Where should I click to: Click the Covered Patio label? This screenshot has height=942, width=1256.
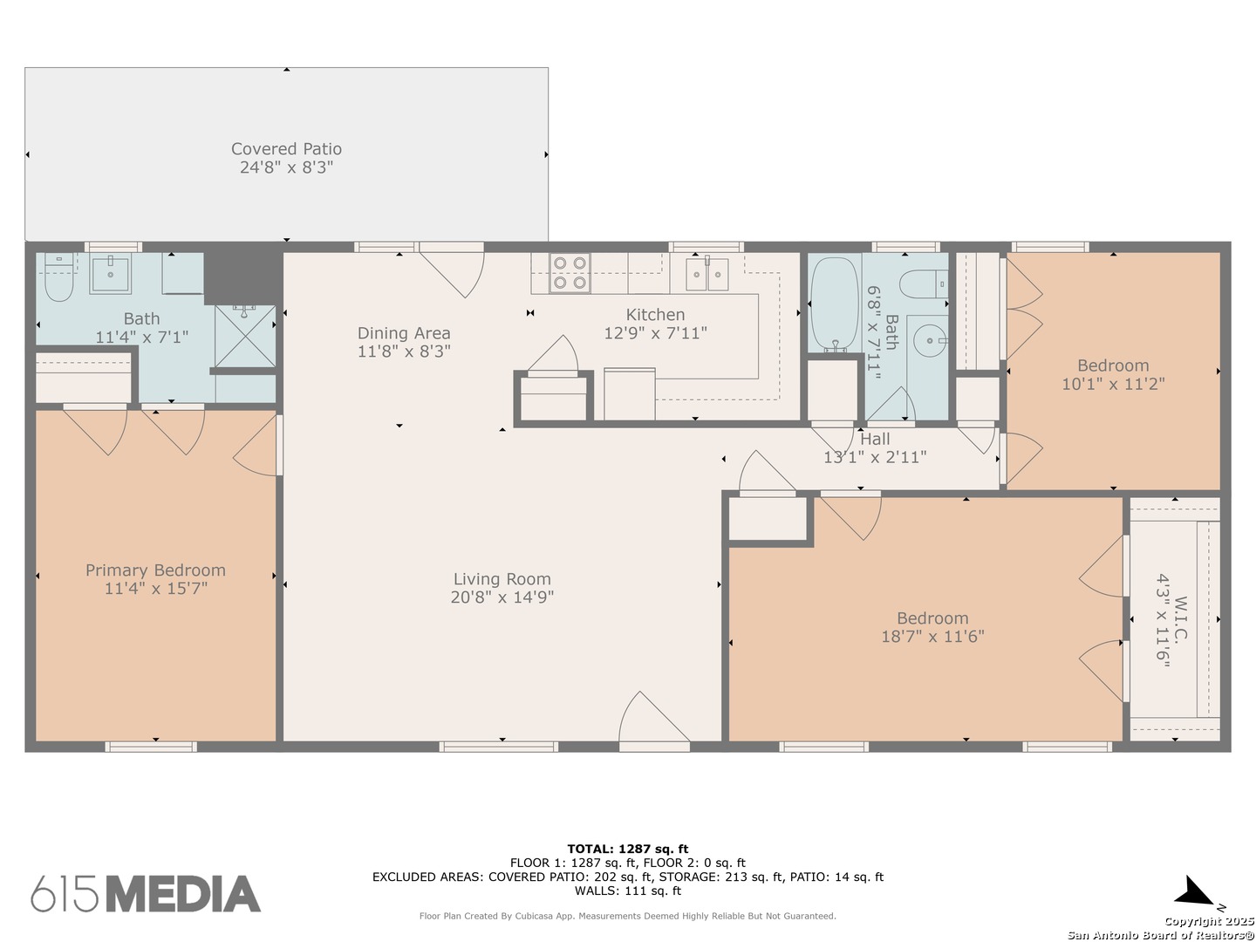(x=286, y=148)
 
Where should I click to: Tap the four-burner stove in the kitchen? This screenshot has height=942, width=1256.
(x=570, y=272)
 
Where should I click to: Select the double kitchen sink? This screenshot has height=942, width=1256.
(x=707, y=274)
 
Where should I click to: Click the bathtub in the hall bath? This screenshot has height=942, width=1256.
(x=835, y=304)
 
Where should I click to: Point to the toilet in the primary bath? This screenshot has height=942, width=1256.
(x=59, y=277)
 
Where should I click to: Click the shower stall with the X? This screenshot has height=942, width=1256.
(x=245, y=336)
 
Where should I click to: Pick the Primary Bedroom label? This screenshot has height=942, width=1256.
(x=155, y=570)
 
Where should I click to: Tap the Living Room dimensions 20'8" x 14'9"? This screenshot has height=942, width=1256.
(x=502, y=597)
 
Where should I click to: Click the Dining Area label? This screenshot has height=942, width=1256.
(x=404, y=333)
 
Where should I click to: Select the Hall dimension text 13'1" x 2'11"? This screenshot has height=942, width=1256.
(x=875, y=457)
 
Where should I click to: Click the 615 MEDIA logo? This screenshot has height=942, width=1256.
(x=146, y=893)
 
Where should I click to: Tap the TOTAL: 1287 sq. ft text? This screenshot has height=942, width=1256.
(x=628, y=849)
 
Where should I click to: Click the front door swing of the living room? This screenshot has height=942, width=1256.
(x=654, y=719)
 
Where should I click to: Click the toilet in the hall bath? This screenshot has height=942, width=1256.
(x=923, y=283)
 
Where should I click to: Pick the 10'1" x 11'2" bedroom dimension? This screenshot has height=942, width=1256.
(x=1113, y=383)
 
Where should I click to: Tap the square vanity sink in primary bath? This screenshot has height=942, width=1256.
(x=111, y=273)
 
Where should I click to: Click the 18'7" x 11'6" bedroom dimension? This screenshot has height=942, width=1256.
(x=932, y=636)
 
